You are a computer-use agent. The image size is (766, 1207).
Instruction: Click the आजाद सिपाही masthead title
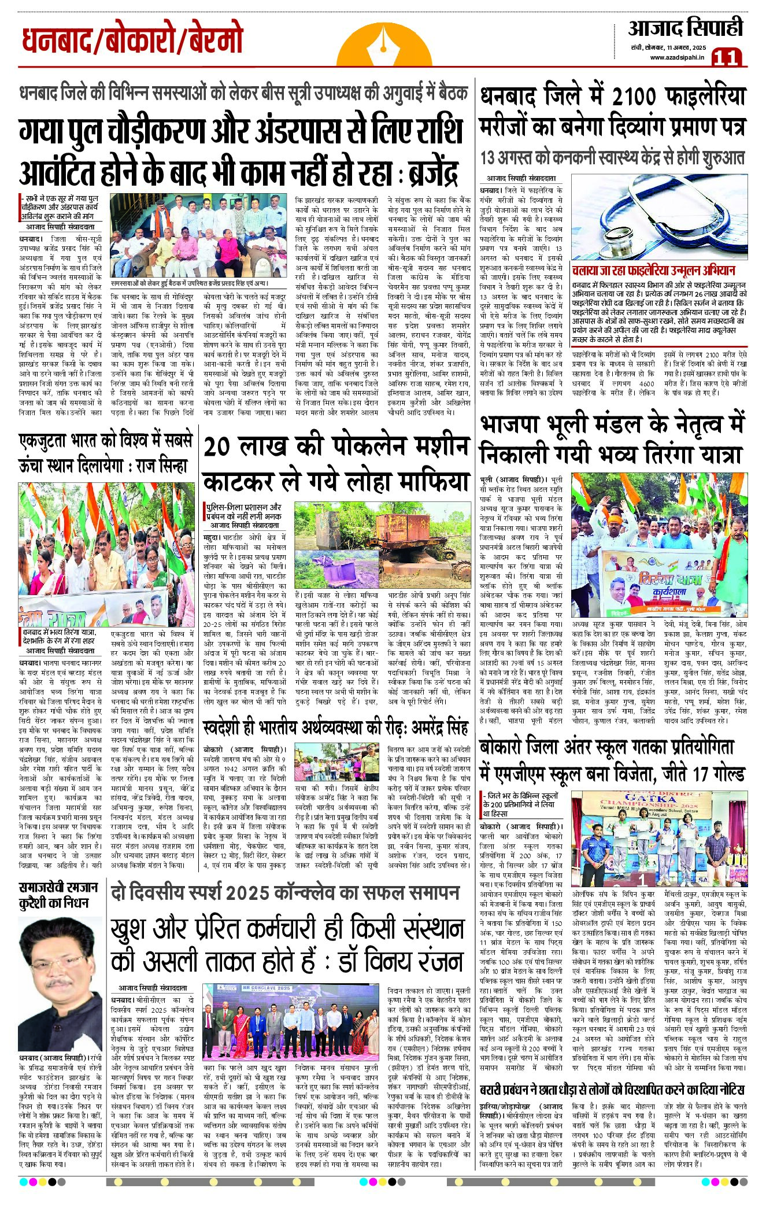click(x=685, y=28)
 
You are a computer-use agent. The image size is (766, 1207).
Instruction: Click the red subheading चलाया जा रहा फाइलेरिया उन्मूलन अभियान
click(x=653, y=270)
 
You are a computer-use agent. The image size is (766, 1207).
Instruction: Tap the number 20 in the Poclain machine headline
click(x=221, y=447)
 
